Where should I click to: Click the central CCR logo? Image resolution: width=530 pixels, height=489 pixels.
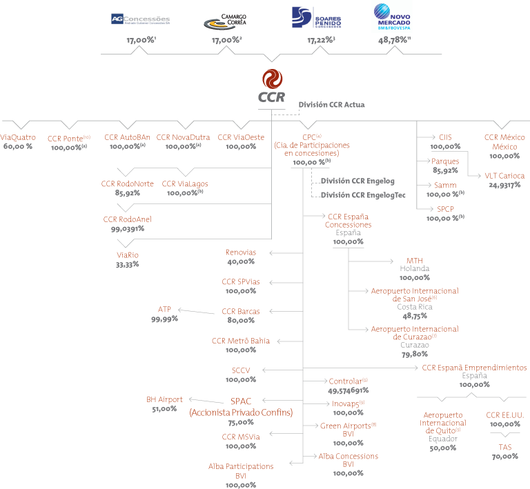tap(271, 86)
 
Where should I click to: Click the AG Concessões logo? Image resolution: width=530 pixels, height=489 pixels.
tap(140, 19)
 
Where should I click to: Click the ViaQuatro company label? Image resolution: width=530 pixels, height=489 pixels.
tap(18, 137)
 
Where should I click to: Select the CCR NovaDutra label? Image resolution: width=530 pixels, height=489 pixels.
tap(179, 137)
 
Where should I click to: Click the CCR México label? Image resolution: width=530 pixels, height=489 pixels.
tap(504, 137)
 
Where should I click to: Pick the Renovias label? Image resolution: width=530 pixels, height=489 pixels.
tap(241, 252)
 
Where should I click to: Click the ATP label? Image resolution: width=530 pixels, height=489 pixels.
tap(164, 310)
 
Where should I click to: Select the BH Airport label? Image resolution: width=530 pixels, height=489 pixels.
tap(164, 399)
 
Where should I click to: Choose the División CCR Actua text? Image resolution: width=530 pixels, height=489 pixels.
tap(331, 105)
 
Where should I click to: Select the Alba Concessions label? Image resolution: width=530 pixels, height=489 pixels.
tap(348, 457)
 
